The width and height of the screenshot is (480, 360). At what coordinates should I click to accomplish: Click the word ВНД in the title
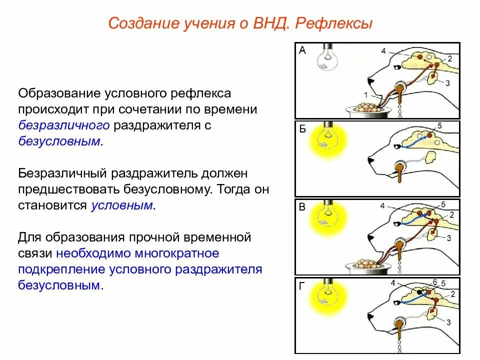(267, 23)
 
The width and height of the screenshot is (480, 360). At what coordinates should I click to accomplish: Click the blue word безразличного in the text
(64, 125)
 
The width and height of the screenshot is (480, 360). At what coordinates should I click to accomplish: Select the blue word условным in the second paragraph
(121, 205)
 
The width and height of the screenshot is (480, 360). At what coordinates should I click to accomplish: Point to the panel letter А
(302, 50)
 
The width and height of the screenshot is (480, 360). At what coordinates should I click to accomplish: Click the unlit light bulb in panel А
(326, 58)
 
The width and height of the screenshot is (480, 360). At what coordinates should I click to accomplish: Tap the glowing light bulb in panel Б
(326, 138)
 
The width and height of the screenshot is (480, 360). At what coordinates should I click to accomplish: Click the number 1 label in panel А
(365, 94)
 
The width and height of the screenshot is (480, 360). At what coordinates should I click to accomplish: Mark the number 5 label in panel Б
(439, 125)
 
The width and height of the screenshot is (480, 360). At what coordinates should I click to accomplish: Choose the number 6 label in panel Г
(435, 282)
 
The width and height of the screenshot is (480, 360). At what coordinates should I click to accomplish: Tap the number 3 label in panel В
(448, 238)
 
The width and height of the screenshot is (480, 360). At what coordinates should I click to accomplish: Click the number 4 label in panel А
(383, 51)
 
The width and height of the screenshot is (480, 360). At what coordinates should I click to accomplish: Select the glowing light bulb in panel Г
(326, 296)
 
